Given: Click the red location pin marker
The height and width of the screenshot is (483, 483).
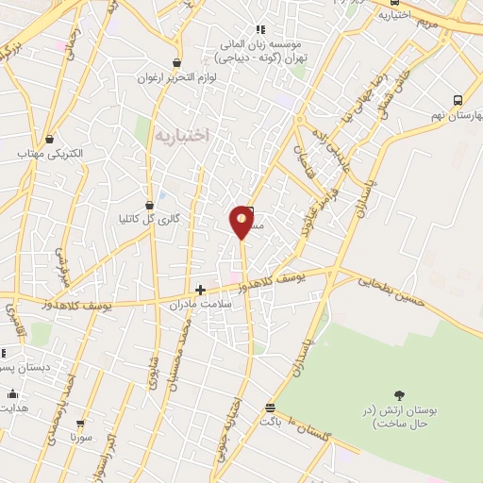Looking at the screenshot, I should click(242, 221).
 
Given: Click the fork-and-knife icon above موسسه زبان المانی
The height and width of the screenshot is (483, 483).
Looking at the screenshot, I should click(260, 29).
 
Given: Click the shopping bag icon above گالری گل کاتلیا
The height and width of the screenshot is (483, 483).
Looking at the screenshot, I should click(149, 205).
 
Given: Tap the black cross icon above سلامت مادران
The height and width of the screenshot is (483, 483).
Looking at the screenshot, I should click(199, 290).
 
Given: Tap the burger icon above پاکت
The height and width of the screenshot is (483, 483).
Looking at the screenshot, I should click(271, 408).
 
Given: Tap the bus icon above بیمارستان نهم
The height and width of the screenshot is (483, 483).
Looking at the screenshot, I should click(458, 100).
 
